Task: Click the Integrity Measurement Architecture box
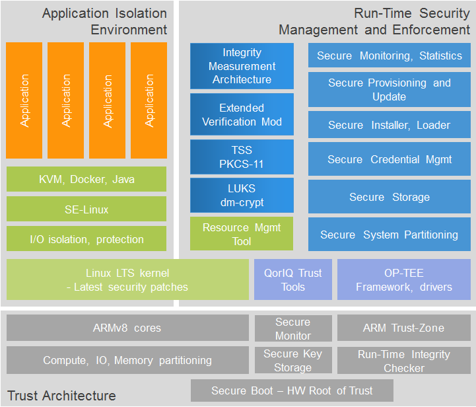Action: (x=242, y=66)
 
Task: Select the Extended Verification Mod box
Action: (x=242, y=115)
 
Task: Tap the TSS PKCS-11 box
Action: (x=242, y=157)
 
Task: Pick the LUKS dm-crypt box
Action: (x=242, y=196)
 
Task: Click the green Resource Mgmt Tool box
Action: (x=242, y=234)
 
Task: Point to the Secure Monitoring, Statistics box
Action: (x=389, y=55)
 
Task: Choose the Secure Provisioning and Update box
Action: (x=389, y=90)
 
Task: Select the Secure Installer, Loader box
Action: (x=389, y=125)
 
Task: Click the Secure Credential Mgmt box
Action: (x=389, y=159)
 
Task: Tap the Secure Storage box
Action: (x=389, y=197)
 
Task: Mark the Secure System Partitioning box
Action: (x=389, y=235)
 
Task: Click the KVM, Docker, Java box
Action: (x=86, y=179)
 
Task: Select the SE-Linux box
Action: (x=86, y=209)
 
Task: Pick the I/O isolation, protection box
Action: (x=86, y=239)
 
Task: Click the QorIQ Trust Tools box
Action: (x=292, y=279)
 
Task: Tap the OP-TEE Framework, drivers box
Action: (x=403, y=279)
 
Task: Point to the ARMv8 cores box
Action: (x=127, y=328)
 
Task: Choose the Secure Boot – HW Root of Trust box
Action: (x=292, y=390)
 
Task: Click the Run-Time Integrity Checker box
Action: (x=403, y=361)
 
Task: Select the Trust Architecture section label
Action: (x=61, y=396)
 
